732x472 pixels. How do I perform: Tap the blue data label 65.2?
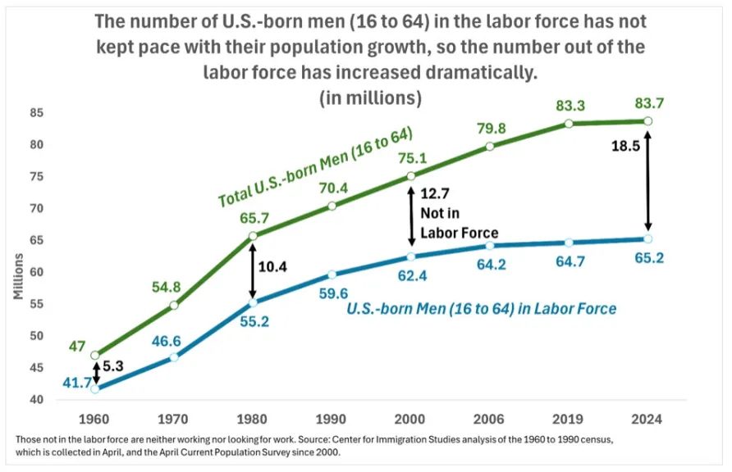point(648,257)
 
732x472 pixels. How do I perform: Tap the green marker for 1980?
point(253,236)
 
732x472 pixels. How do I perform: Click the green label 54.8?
point(174,286)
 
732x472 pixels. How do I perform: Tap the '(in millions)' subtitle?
point(370,98)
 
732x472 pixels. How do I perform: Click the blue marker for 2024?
point(647,238)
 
